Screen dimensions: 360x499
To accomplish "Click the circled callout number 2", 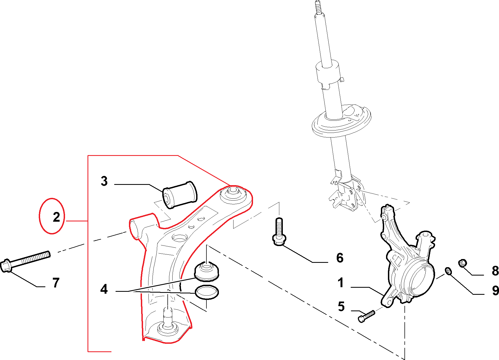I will pos(56,217).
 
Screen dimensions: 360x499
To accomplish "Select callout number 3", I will pos(104,181).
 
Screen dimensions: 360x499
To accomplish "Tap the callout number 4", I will pos(104,289).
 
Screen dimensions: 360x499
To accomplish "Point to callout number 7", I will pos(56,283).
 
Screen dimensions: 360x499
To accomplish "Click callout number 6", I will pos(340,258).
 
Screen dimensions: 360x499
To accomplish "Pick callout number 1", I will pos(341,283).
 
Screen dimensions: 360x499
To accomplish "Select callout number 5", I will pos(341,307).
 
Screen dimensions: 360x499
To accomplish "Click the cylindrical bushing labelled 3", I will pos(180,195).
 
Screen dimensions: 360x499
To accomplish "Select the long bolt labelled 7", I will pos(26,260).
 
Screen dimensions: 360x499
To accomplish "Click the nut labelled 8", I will pos(463,263).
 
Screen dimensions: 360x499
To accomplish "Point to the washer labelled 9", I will pos(448,271).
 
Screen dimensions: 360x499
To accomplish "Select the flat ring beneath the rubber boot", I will pos(207,292).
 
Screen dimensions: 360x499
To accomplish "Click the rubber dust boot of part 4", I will pos(206,271).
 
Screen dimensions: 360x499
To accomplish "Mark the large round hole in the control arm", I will pos(180,238).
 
